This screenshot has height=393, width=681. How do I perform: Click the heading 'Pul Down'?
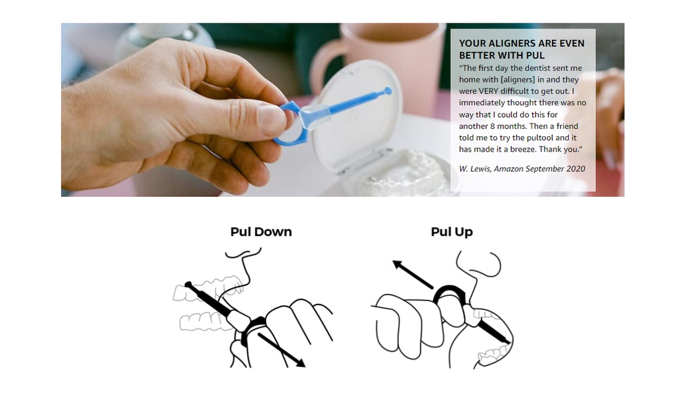[x=261, y=232]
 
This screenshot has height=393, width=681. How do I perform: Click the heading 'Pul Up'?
[x=452, y=232]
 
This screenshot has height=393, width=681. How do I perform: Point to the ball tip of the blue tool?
[x=388, y=90]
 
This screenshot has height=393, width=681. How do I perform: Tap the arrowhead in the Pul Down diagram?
[x=301, y=362]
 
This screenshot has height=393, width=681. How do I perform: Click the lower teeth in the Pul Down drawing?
[x=206, y=321]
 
